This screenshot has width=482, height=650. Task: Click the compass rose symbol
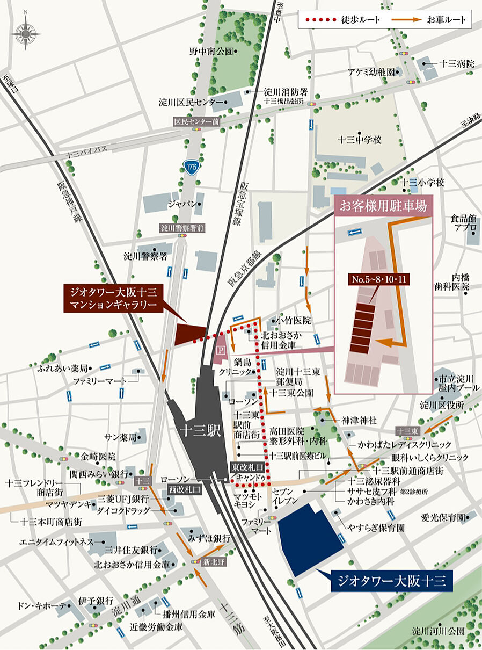(x=25, y=34)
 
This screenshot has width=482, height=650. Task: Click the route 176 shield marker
(x=192, y=167)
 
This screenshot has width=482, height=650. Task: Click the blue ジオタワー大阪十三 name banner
(x=389, y=581)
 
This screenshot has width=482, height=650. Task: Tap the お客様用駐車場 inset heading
(x=383, y=206)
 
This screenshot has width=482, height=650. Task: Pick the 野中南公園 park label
(x=211, y=52)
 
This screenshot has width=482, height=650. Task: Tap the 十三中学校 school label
(x=360, y=140)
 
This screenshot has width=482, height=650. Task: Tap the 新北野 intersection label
(x=213, y=562)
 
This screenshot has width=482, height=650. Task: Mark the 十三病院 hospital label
(x=457, y=63)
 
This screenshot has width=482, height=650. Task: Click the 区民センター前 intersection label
(x=196, y=122)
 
